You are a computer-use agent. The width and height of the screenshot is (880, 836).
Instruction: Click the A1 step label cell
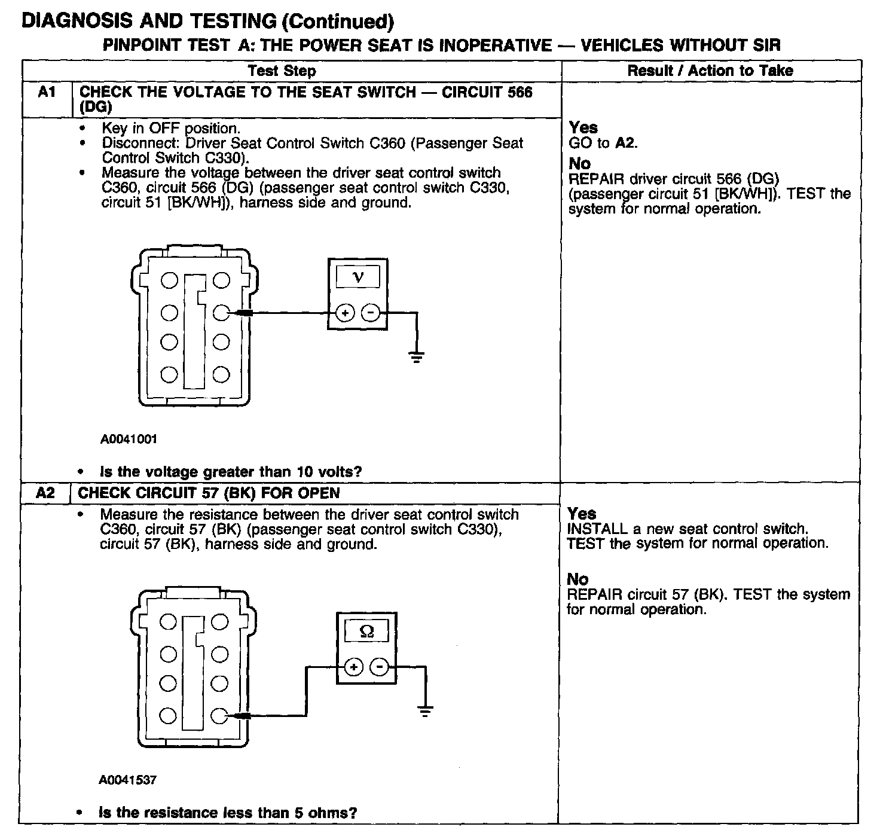(47, 93)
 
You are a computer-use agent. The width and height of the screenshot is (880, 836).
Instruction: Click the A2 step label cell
(45, 493)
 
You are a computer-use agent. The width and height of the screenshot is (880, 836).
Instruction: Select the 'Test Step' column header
(282, 71)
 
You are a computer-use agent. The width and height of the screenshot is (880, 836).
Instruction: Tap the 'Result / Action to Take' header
(710, 71)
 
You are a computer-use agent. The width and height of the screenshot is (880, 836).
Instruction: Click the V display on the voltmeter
(357, 277)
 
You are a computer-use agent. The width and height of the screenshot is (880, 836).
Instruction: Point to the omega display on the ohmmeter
(367, 631)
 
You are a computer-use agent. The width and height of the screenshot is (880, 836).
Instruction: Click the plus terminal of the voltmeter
(345, 312)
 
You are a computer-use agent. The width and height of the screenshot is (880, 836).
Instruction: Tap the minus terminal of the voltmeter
(371, 312)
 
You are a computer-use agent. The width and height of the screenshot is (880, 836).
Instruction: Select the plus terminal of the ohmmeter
(353, 667)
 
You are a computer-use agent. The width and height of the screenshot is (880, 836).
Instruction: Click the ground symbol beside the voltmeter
(416, 358)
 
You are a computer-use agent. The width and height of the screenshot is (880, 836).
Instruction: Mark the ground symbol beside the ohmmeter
(424, 711)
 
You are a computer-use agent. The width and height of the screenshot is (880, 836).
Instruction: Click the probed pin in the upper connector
(221, 312)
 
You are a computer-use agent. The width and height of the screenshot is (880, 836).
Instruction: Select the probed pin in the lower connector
(220, 715)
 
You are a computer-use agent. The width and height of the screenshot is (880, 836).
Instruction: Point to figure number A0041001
(129, 439)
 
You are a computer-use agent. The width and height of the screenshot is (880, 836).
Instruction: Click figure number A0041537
(128, 780)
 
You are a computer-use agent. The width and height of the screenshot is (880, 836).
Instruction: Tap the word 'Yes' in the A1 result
(583, 127)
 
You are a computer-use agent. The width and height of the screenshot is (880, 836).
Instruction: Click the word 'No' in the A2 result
(577, 579)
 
